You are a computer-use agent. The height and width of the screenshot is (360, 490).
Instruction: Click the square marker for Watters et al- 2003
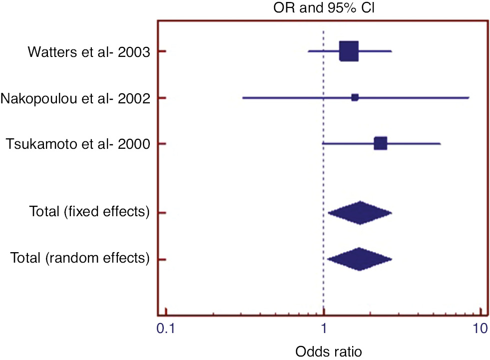coord(349,51)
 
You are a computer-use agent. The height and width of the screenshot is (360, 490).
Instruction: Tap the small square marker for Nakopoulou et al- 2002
coord(355,97)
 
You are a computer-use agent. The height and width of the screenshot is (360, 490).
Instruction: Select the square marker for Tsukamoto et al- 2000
coord(380,144)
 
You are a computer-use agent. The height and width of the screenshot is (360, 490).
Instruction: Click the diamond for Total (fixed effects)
coord(360,213)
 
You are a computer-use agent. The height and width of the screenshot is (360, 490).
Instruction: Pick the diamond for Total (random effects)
coord(359,259)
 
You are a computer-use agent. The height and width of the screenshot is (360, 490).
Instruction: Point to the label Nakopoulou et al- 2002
coord(76,98)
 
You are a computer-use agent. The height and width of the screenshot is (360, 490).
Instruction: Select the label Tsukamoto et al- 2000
coord(78,144)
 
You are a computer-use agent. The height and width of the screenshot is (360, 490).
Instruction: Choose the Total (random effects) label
coord(80,259)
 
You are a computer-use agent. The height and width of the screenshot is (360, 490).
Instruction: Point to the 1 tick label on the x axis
coord(324,329)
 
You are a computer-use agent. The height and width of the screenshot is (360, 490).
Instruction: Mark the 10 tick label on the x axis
coord(480,329)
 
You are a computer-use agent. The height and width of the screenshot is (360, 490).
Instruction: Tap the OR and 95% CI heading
coord(324,7)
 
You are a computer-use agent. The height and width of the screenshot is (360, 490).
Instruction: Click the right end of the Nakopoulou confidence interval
coord(469,98)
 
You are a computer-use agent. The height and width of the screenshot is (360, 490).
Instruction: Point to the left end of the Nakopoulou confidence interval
coord(243,98)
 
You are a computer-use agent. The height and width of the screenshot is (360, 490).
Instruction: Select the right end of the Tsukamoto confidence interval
coord(440,144)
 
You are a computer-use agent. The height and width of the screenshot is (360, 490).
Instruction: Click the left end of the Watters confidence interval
coord(308,51)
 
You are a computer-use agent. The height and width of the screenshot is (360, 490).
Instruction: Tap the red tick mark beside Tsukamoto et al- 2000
coord(162,144)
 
